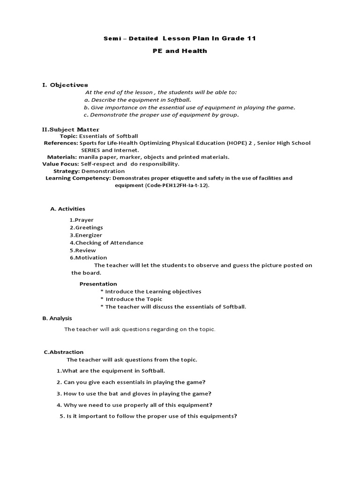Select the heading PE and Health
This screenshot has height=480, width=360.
coord(180,51)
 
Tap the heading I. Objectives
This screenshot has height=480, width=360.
coord(65,85)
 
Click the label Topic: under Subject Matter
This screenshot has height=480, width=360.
coord(68,136)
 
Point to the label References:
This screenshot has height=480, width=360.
coord(61,143)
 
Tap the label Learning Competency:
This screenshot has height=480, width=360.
coord(78,178)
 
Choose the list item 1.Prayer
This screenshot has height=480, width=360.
coord(82,220)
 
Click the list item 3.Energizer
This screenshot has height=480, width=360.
coord(86,235)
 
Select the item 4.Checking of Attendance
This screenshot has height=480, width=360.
coord(106,243)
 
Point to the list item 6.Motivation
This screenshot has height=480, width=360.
coord(88,257)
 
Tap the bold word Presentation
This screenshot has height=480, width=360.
coord(98,284)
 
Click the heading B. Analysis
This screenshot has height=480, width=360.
coord(57,318)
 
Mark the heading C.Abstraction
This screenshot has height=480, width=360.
coord(63,352)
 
